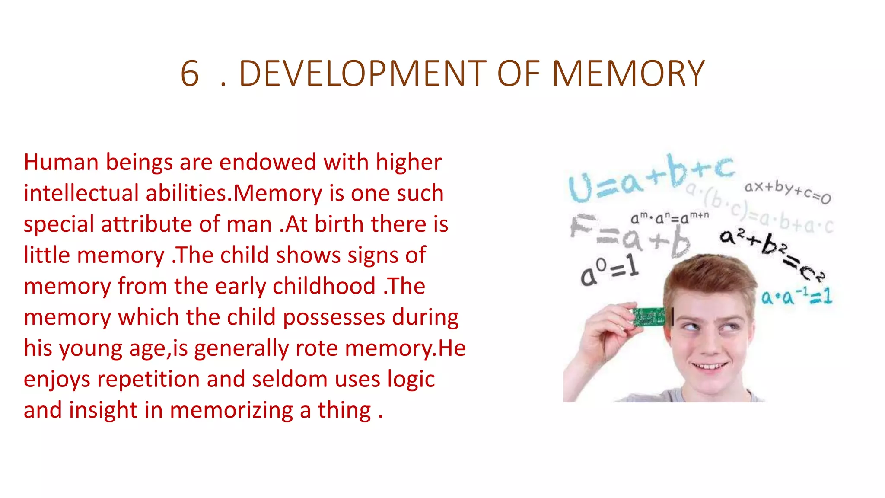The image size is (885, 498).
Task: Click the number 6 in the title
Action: [x=190, y=74]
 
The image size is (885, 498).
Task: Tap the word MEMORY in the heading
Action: [x=628, y=74]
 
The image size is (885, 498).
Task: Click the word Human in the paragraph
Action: [x=61, y=163]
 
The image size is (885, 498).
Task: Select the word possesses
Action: [x=334, y=317]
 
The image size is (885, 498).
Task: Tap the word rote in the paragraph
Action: [x=316, y=348]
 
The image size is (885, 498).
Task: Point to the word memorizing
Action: [x=231, y=410]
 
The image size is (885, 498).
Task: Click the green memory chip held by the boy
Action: [x=649, y=316]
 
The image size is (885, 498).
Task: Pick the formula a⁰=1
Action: [x=609, y=271]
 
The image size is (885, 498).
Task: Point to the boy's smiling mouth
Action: [x=710, y=367]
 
